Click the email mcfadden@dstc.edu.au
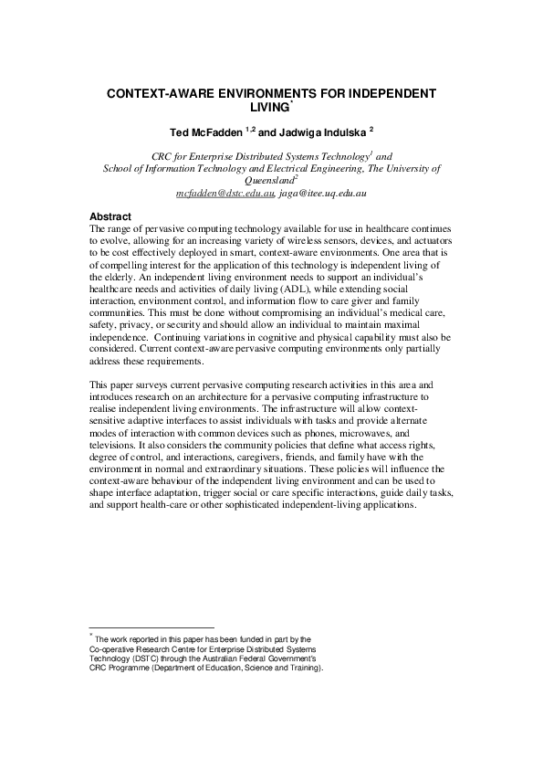click(216, 194)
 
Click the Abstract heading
click(111, 216)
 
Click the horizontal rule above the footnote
click(151, 627)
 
